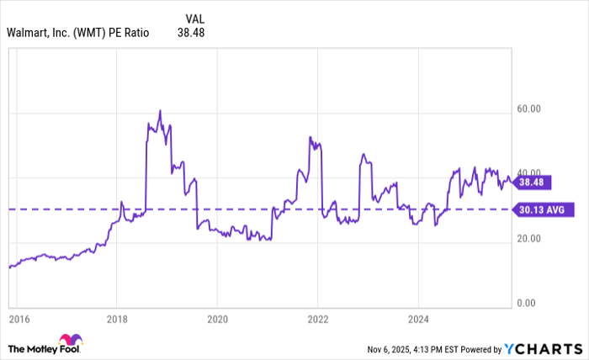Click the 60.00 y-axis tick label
point(529,109)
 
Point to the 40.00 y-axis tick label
point(529,173)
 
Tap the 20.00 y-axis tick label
point(529,239)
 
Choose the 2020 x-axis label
point(217,320)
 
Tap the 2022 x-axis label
point(318,320)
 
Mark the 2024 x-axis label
point(419,320)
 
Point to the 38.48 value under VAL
point(191,33)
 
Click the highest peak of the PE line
point(160,110)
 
